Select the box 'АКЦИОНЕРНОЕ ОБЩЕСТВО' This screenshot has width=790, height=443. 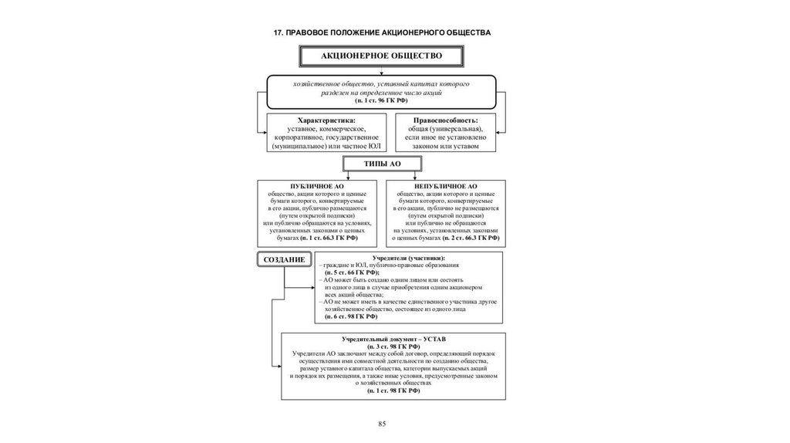[x=382, y=56]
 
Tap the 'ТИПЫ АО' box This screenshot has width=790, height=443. [x=382, y=163]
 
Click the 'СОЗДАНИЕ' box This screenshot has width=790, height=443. [x=283, y=259]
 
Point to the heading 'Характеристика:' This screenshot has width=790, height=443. [x=326, y=120]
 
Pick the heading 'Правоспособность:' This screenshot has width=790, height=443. [x=445, y=120]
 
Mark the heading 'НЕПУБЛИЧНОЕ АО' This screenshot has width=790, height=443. [x=447, y=187]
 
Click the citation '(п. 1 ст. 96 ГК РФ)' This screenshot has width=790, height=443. [x=382, y=101]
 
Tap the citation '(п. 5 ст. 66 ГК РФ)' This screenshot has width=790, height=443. [x=351, y=273]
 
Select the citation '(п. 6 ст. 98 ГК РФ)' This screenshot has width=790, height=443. [x=351, y=316]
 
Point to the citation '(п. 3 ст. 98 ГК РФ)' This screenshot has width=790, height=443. [x=393, y=347]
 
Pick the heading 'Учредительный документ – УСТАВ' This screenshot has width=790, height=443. [x=393, y=340]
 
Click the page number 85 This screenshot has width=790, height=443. [x=381, y=424]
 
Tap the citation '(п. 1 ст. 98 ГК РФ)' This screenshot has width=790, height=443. [x=393, y=391]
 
